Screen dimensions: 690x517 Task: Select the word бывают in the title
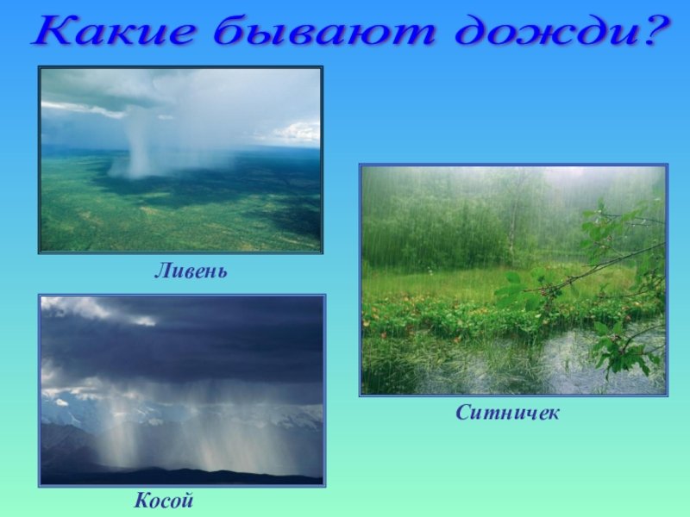pos(325,30)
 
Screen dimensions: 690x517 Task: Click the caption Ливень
pos(191,271)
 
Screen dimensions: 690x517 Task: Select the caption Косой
pos(164,501)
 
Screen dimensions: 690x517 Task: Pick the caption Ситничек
pos(507,413)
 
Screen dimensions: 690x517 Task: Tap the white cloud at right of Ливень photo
pos(296,132)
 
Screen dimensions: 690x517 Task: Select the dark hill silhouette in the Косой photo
pos(182,475)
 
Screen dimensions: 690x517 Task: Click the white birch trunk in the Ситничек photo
pos(511,224)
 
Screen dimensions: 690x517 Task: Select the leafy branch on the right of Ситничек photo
pos(616,282)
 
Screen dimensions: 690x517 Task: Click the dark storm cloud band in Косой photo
pos(182,352)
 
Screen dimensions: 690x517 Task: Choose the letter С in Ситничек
pos(463,413)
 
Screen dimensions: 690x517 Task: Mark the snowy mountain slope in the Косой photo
pos(66,414)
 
